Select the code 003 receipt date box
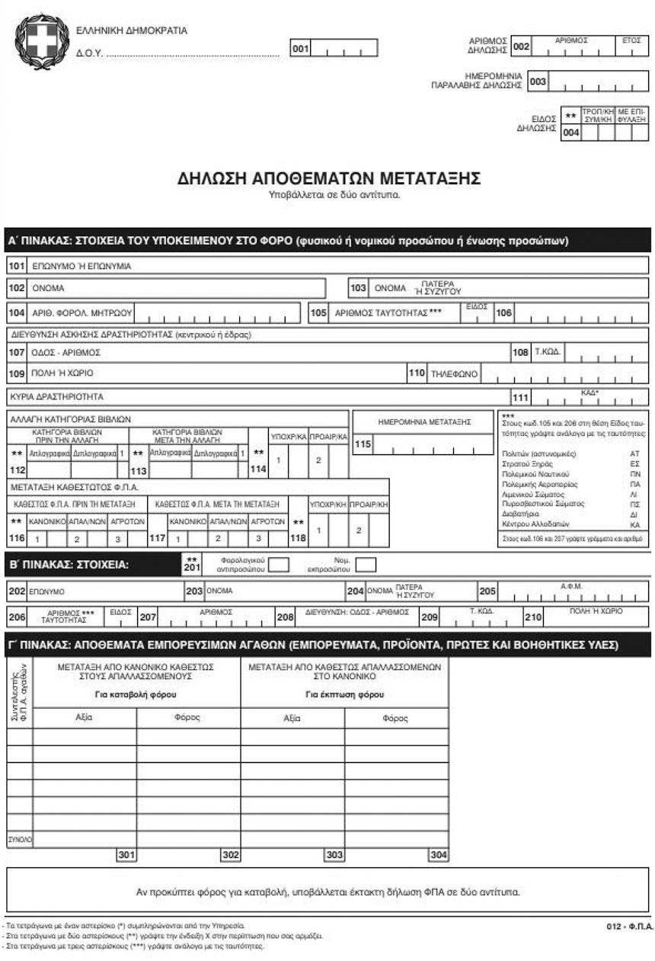coord(538,82)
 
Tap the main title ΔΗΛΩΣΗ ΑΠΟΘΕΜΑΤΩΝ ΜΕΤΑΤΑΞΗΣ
coord(328,178)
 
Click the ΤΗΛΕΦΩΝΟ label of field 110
coord(453,374)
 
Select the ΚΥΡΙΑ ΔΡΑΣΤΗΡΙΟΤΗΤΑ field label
coord(56,397)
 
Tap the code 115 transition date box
coord(363,444)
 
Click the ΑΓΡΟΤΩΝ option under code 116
coord(122,522)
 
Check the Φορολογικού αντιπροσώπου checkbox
coord(280,565)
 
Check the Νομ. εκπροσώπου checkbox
coord(366,565)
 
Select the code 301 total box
coord(126,855)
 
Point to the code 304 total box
coord(438,855)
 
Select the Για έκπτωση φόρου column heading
coord(344,694)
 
